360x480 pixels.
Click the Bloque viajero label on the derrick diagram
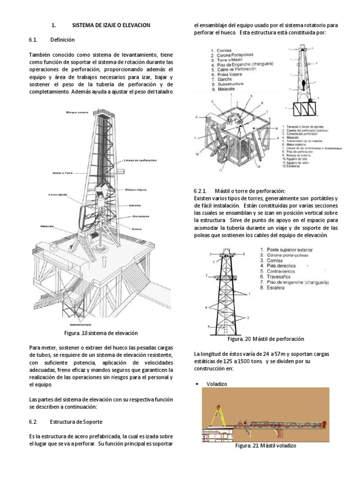[135, 190]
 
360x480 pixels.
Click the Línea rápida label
[56, 194]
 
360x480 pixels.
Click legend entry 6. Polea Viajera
[228, 75]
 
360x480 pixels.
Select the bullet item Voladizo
[217, 383]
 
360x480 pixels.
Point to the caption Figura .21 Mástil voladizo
[265, 446]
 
